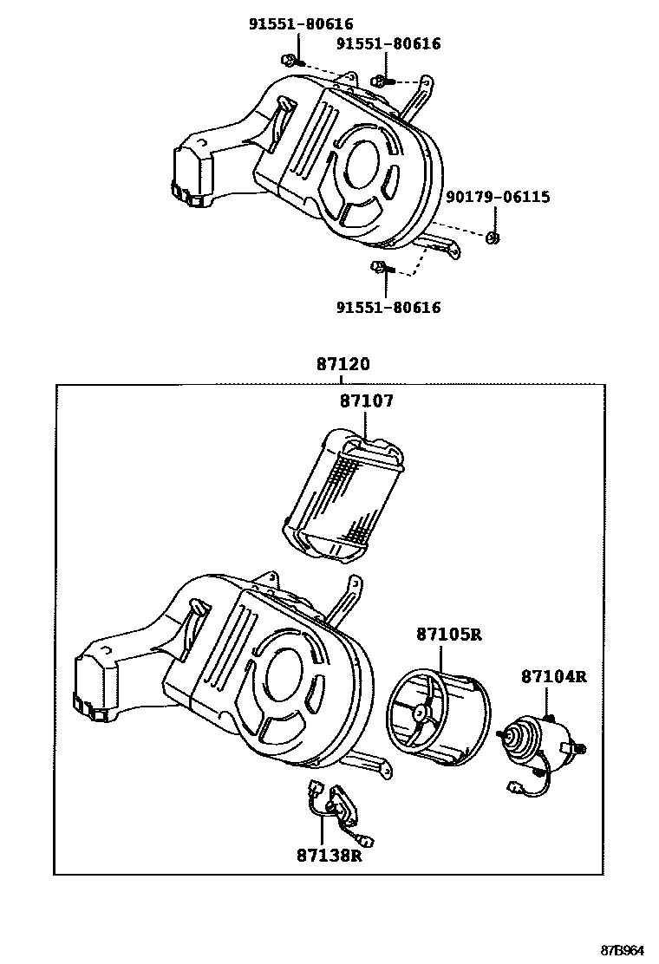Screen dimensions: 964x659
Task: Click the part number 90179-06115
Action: [497, 198]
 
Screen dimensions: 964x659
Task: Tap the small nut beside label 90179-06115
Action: [493, 238]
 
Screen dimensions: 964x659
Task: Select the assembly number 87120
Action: [342, 365]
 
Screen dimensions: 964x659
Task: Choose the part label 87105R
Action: [447, 635]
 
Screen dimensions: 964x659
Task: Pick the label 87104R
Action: [553, 676]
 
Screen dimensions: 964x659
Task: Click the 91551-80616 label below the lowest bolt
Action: [388, 308]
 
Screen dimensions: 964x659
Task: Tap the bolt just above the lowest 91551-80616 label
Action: [379, 267]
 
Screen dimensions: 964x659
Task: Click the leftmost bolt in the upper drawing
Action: [289, 60]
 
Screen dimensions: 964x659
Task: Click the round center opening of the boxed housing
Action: [283, 671]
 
